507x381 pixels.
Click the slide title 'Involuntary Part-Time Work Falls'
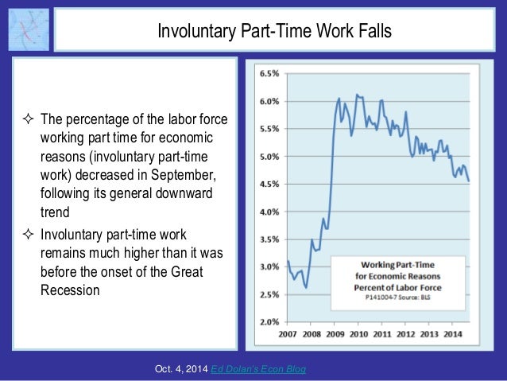[274, 32]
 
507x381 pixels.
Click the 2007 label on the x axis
[288, 334]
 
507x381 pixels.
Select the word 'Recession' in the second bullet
[70, 290]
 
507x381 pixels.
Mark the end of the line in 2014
[469, 181]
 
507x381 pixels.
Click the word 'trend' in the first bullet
[54, 212]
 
